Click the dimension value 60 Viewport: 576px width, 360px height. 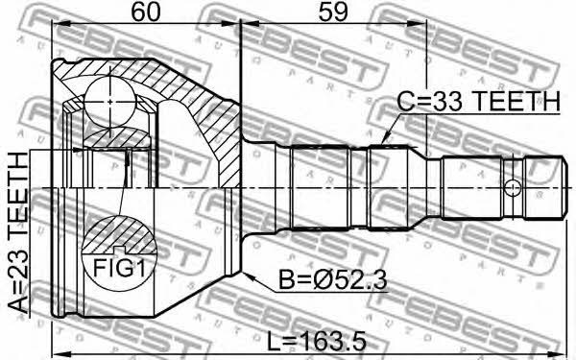click(146, 12)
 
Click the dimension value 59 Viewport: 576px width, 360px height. click(332, 12)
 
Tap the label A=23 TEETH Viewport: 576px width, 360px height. click(18, 232)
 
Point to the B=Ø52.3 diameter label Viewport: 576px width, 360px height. click(333, 280)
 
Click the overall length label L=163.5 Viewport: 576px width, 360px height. click(316, 343)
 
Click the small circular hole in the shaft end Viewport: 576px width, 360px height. click(512, 188)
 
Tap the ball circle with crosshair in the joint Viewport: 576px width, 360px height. click(109, 101)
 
